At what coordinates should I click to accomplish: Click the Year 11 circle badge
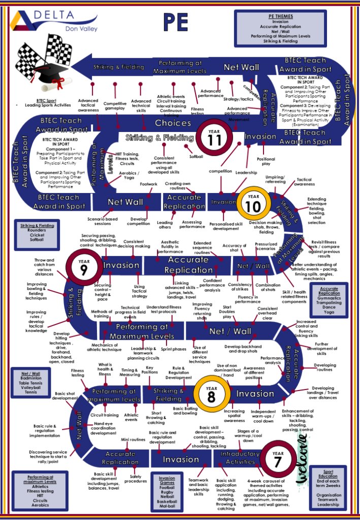point(214,137)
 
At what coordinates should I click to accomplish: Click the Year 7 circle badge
point(278,459)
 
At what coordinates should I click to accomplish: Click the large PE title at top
point(176,23)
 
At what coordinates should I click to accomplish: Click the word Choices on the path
point(173,123)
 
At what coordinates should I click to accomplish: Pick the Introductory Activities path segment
point(240,458)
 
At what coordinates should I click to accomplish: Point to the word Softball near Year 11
point(196,156)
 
